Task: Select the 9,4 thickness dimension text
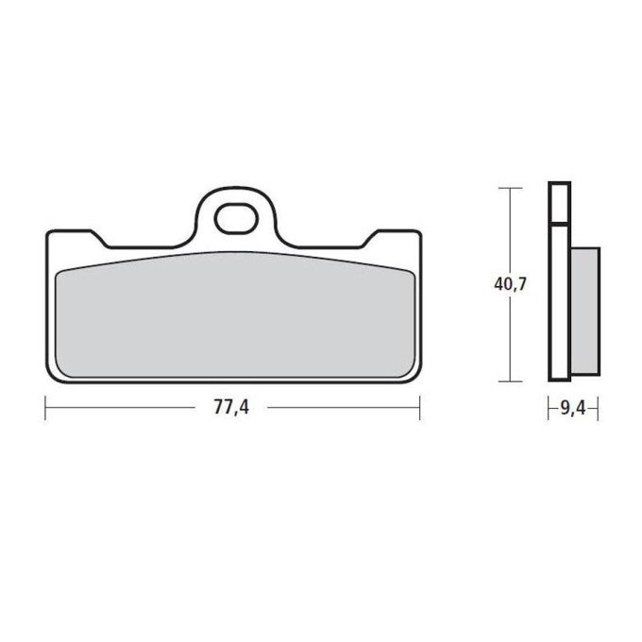[573, 408]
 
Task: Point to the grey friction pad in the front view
[234, 316]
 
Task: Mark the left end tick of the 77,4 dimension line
[46, 408]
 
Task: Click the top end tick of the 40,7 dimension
[510, 188]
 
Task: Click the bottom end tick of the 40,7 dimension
[510, 381]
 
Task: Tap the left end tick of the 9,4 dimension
[549, 408]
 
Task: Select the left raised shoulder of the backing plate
[76, 238]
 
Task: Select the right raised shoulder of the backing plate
[392, 238]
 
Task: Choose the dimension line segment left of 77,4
[123, 408]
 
